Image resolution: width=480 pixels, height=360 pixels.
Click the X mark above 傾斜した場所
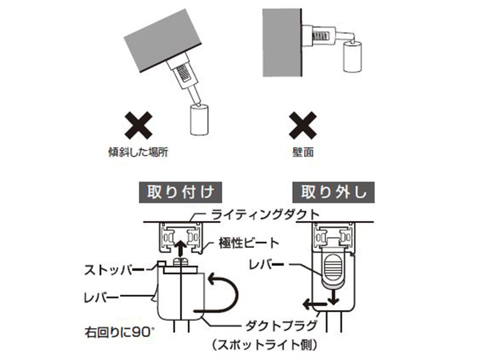[138, 126]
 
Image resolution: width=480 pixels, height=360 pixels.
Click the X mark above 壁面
[303, 126]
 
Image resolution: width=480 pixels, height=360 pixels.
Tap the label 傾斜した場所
[138, 152]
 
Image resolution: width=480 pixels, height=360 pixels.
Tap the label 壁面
[303, 152]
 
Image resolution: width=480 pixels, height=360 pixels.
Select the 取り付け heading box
[180, 192]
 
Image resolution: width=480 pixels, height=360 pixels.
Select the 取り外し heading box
[333, 192]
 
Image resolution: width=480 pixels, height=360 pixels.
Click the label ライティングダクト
[266, 215]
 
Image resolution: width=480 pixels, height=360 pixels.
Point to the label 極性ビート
[249, 243]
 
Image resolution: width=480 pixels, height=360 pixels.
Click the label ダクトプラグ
[281, 325]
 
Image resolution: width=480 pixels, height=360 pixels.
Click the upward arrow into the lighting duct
[180, 247]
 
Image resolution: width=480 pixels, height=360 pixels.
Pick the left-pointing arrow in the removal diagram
[314, 304]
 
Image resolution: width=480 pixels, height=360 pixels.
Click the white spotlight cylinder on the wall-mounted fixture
[353, 57]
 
